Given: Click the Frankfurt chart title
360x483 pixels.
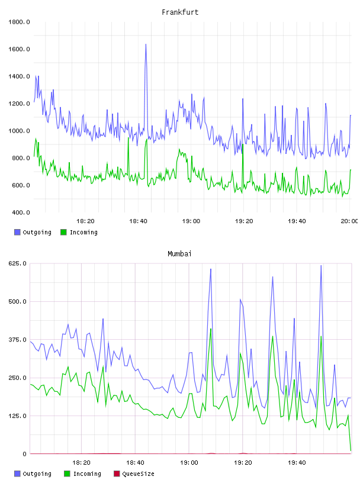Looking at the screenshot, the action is pos(180,12).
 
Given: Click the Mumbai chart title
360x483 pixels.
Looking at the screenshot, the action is pos(179,254).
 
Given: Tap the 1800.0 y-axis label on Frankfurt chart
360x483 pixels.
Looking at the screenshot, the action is pos(19,22).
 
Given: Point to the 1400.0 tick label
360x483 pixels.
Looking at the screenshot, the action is pos(19,76).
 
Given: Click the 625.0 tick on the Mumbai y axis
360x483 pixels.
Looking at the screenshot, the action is pos(17,263).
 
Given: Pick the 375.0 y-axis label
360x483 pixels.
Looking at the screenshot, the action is pos(17,339).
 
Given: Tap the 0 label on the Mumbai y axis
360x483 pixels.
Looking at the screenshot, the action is pos(24,454).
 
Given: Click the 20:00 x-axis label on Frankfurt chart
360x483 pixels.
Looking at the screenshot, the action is pos(349,221).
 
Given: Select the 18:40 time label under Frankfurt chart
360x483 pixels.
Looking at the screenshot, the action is pos(138,221).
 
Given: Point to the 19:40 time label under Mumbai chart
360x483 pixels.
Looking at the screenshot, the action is pos(297,462).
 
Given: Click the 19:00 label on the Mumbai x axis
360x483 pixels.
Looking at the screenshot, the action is pos(189,462).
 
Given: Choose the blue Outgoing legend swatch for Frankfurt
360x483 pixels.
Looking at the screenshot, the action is pos(17,232).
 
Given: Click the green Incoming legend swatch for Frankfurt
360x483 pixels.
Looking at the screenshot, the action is pos(63,232).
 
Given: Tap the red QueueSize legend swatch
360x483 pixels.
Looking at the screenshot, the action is pos(117,474).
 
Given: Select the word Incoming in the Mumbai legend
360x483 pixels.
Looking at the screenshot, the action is pos(87,474).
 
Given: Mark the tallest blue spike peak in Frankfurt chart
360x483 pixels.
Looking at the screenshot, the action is pos(146,44).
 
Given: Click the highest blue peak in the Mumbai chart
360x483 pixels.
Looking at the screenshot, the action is pos(321,266).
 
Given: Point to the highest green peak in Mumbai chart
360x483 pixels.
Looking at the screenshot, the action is pos(211,329).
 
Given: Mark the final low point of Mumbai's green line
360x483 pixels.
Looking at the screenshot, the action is pos(351,450).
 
